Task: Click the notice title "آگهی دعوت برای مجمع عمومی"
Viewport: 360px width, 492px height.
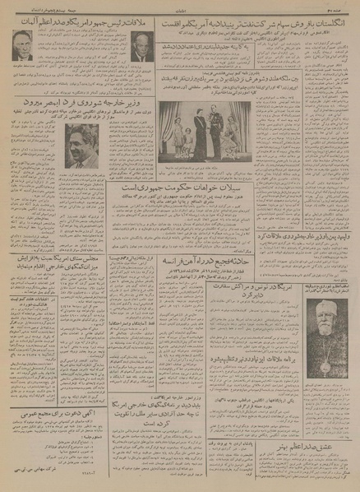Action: pos(66,407)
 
